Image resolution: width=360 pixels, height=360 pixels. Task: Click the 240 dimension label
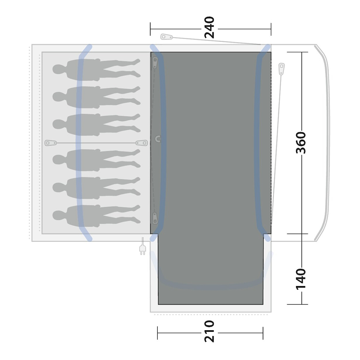[x=209, y=27]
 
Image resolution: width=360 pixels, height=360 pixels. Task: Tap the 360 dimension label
[x=301, y=143]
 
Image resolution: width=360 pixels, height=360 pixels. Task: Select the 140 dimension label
[x=301, y=279]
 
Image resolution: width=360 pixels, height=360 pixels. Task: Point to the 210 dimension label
[x=209, y=331]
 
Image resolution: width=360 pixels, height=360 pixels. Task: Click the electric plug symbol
[x=143, y=247]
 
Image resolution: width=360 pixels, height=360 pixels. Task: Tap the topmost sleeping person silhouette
[x=96, y=70]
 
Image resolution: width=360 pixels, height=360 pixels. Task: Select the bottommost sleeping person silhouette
[x=96, y=216]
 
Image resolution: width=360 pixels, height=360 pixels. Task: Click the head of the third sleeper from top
[x=59, y=124]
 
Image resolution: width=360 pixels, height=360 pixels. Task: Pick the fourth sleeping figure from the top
[x=96, y=160]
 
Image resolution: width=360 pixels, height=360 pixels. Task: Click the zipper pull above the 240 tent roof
[x=166, y=37]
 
